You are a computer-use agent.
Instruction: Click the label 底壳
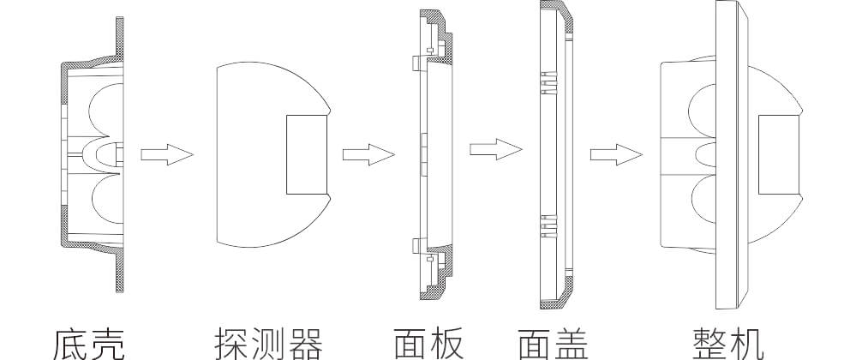[x=88, y=342]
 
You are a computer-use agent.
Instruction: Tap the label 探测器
[x=268, y=342]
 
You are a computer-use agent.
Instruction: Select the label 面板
[x=428, y=342]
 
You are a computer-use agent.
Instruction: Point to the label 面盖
[x=554, y=342]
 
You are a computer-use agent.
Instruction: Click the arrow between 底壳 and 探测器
[x=167, y=155]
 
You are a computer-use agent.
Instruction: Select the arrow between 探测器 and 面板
[x=368, y=155]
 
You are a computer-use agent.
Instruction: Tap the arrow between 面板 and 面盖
[x=495, y=150]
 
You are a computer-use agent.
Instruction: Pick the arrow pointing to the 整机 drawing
[x=616, y=155]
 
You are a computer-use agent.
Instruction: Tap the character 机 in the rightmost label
[x=746, y=342]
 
